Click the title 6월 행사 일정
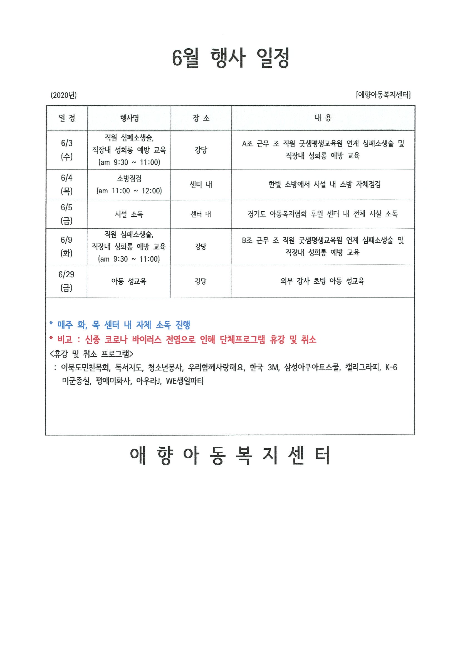click(x=231, y=58)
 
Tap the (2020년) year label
click(x=63, y=95)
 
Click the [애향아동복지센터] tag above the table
click(x=383, y=94)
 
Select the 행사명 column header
click(x=129, y=118)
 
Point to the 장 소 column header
click(x=201, y=118)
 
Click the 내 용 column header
click(x=323, y=118)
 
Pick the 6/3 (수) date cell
click(x=67, y=150)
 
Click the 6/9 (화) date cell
click(x=66, y=246)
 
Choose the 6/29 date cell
click(x=66, y=281)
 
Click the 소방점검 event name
click(x=129, y=179)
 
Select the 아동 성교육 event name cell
click(x=129, y=281)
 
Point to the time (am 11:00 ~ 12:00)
click(x=129, y=191)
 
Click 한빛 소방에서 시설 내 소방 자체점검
click(x=325, y=184)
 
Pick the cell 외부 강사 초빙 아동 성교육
click(x=323, y=281)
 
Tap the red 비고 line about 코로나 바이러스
click(x=183, y=339)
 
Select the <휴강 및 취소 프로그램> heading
click(x=91, y=354)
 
